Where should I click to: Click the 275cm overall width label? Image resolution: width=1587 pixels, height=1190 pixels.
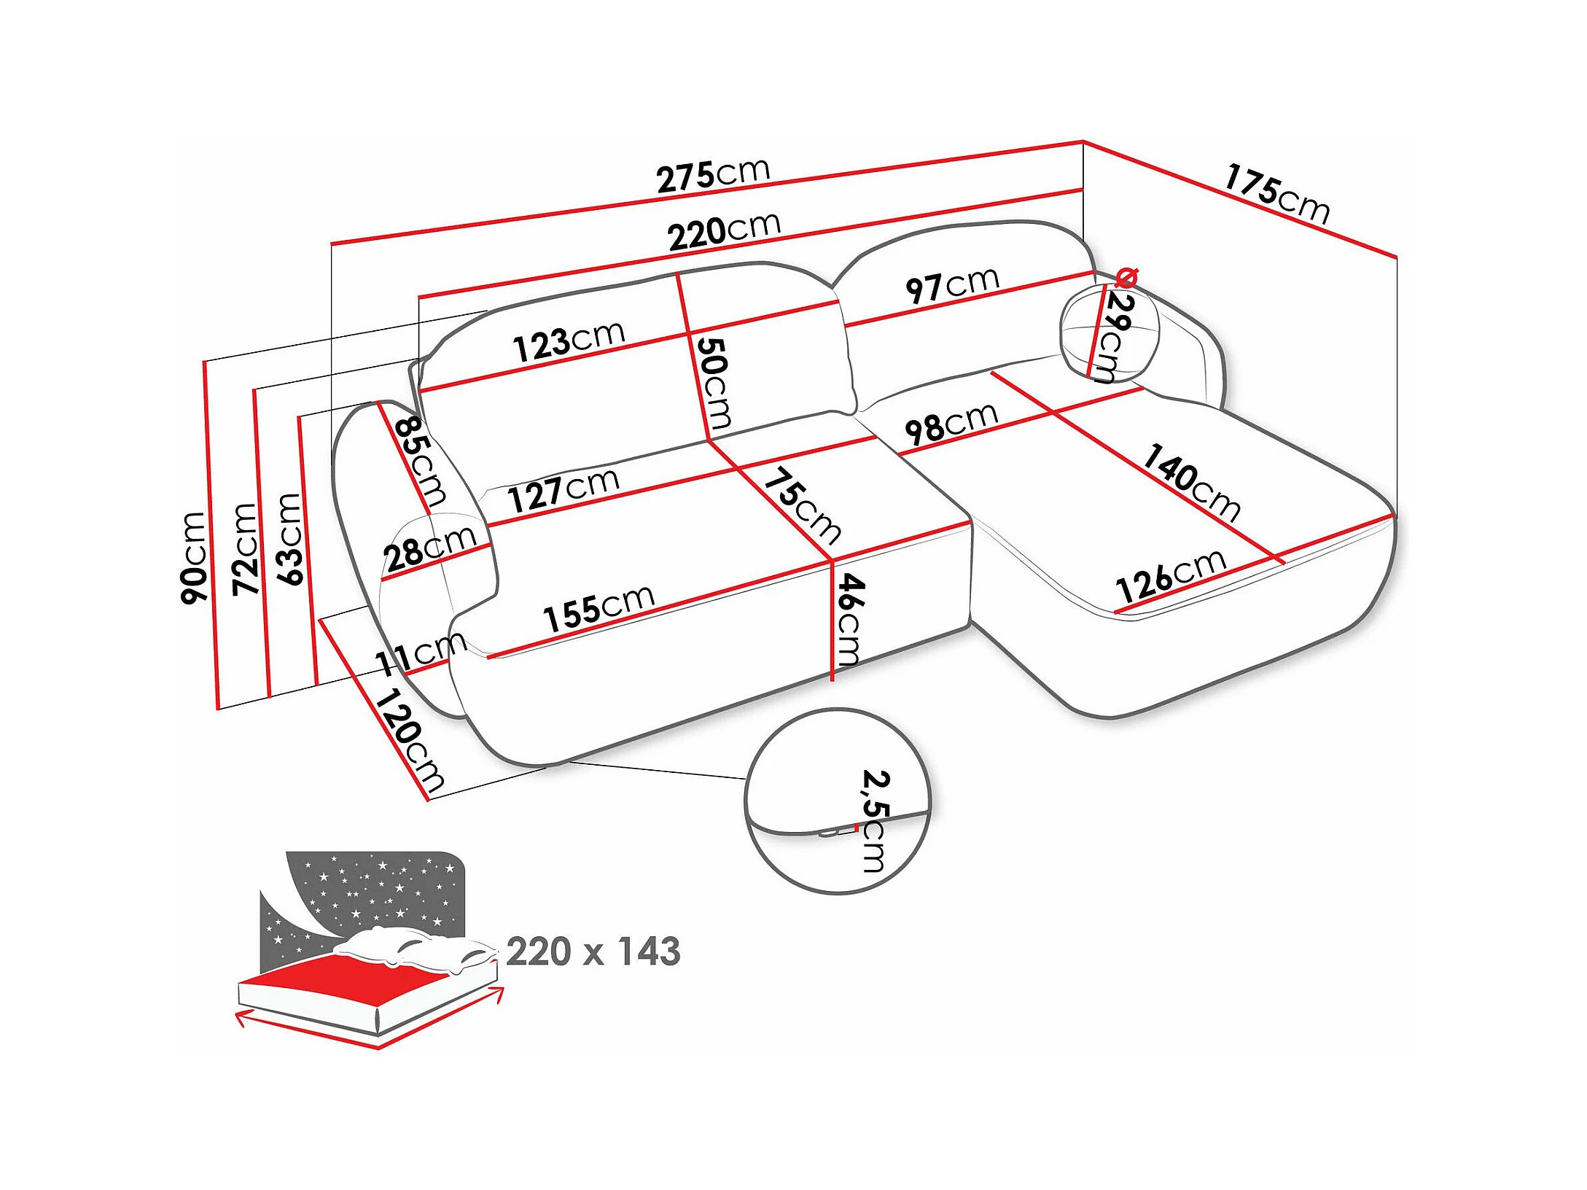(x=713, y=176)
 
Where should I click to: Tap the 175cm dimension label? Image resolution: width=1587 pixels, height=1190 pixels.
(x=1276, y=193)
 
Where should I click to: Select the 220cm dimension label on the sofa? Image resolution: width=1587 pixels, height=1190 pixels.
(x=724, y=231)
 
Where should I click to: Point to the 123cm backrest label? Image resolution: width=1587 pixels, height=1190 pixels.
(x=569, y=341)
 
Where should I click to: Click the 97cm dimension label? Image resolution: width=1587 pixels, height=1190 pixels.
(x=951, y=284)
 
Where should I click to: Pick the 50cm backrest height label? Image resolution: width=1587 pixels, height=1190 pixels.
(x=714, y=384)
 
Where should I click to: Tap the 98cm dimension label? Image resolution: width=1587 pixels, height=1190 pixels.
(x=951, y=423)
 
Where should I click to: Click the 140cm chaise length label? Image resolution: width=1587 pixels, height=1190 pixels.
(x=1190, y=483)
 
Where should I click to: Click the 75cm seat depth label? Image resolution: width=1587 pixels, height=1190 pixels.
(x=803, y=506)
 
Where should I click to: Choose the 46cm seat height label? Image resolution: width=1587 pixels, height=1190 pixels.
(x=850, y=619)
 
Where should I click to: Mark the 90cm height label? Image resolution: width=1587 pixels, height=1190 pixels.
(x=194, y=557)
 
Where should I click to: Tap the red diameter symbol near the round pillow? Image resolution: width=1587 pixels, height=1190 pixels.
(x=1126, y=278)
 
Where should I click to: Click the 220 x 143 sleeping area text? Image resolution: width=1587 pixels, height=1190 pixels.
(x=593, y=952)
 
